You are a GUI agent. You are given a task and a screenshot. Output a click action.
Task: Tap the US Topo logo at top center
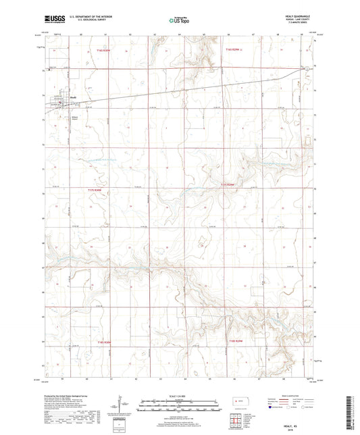[x=179, y=20]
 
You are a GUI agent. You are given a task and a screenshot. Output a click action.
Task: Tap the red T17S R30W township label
[x=95, y=190]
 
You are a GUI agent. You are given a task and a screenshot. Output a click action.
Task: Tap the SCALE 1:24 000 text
[x=179, y=395]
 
